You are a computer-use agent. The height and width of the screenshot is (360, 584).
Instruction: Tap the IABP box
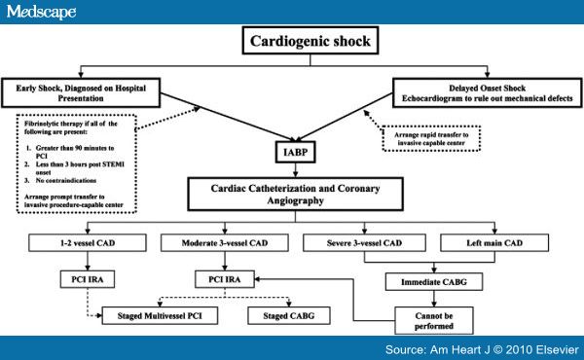point(295,154)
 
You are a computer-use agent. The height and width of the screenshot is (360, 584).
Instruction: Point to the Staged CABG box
point(288,315)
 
